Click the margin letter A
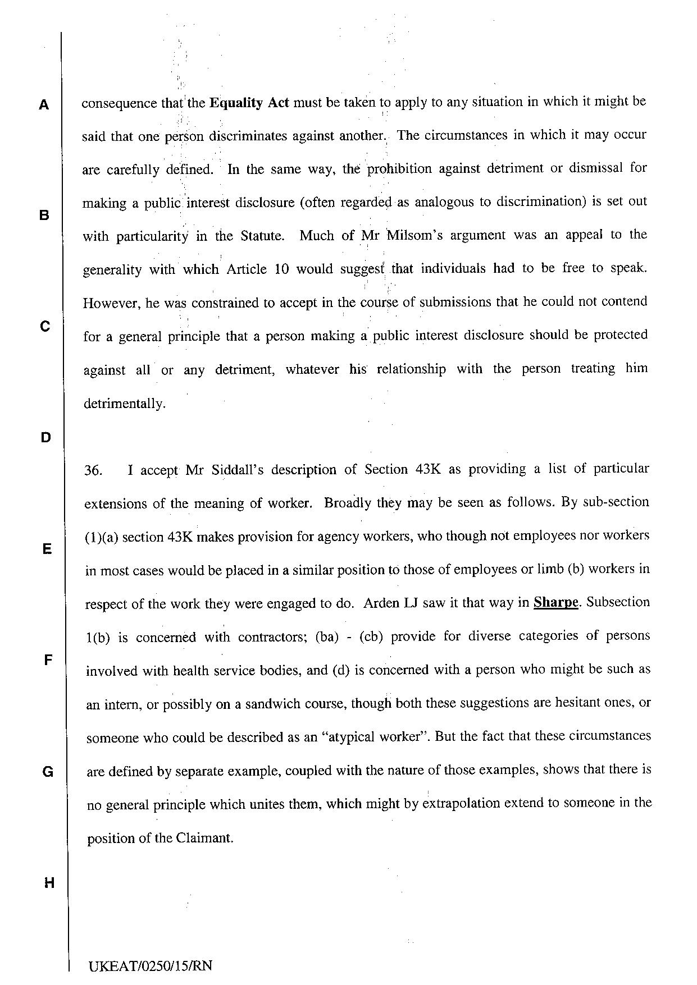coord(44,104)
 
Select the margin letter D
coord(45,437)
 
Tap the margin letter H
coord(49,883)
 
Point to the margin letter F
coord(48,660)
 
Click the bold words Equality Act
coord(249,103)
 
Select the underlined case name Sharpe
coord(555,602)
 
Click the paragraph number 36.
coord(93,470)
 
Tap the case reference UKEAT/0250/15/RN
coord(151,966)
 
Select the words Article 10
coord(257,269)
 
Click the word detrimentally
coord(124,404)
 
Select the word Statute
coord(262,236)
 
